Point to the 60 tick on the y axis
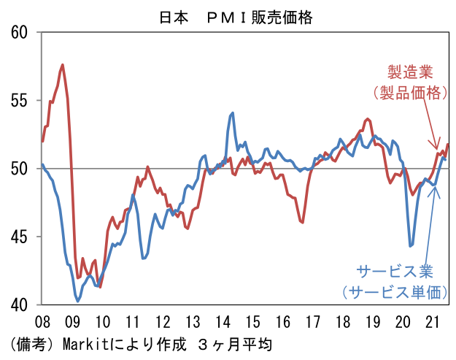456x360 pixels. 19,32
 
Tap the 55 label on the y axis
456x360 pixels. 19,100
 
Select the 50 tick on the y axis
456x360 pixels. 19,169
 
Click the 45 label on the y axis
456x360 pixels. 19,237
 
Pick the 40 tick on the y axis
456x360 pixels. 19,305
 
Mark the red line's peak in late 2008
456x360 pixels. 63,65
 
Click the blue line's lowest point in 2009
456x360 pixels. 77,301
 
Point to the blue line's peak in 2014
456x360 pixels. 232,112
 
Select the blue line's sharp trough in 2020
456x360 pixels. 411,246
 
